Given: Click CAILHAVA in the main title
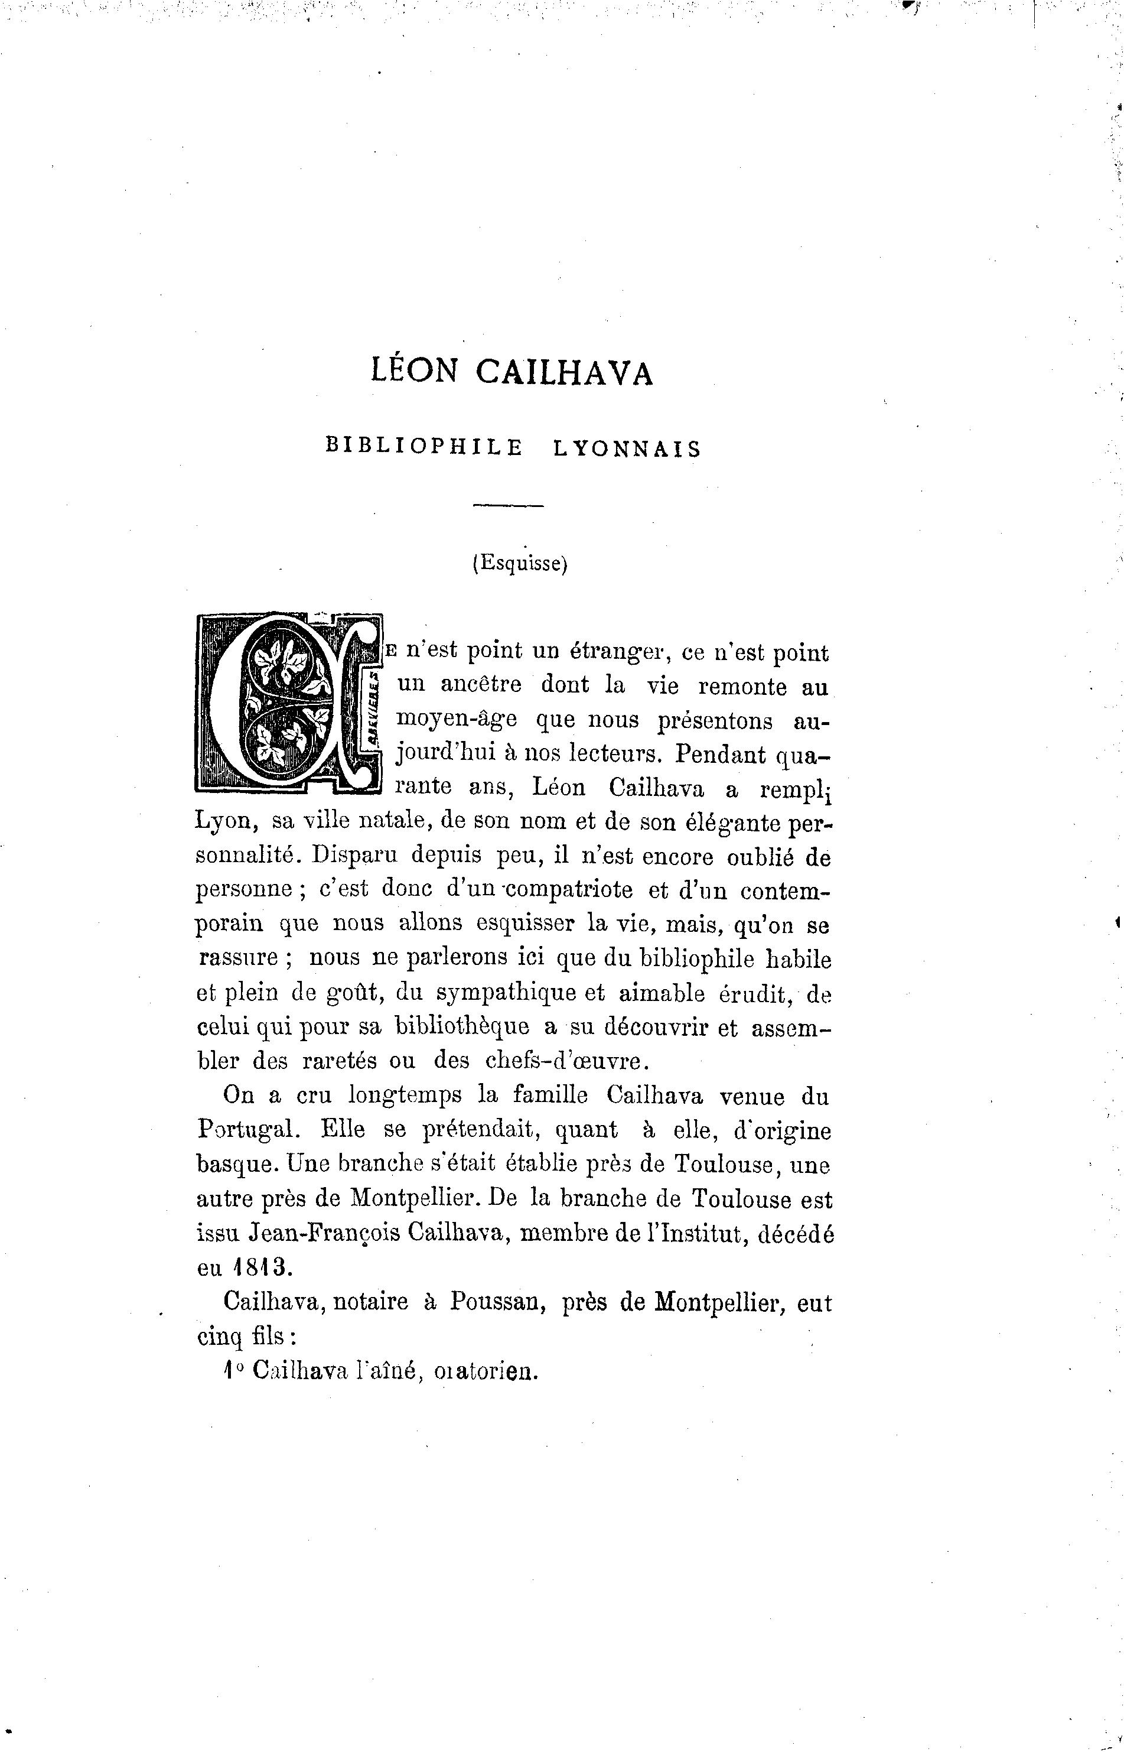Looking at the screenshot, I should click(x=564, y=373).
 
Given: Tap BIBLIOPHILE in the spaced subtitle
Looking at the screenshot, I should click(x=424, y=447).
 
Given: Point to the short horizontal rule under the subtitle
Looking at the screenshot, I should click(x=509, y=506).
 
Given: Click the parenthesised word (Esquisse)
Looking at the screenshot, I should click(x=520, y=564).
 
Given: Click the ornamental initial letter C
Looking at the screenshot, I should click(x=289, y=702).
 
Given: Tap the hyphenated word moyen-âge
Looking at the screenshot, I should click(x=456, y=720).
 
